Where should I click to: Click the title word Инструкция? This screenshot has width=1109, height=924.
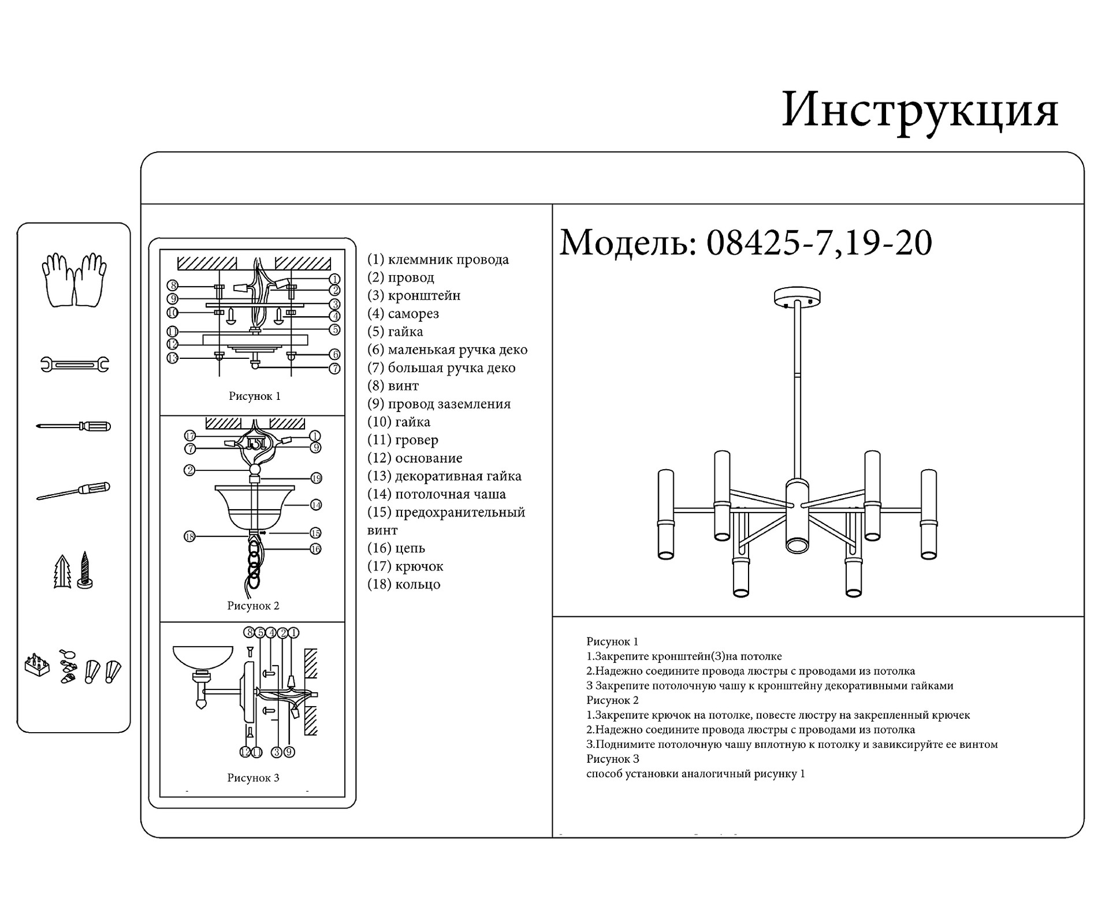point(920,110)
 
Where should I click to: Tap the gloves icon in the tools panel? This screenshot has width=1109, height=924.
point(74,279)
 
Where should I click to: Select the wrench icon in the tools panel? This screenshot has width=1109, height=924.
point(75,364)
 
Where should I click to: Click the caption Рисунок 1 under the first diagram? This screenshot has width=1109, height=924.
point(254,396)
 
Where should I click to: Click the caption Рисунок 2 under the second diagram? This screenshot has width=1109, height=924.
point(253,606)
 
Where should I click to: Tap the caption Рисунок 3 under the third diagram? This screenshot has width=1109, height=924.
point(253,778)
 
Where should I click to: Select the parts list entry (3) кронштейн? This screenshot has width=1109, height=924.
point(414,295)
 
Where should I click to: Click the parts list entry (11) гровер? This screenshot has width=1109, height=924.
point(403,440)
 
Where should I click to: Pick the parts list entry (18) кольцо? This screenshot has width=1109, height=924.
point(404,584)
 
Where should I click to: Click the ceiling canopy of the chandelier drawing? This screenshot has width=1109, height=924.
point(797,297)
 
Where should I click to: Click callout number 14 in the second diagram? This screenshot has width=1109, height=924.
point(315,504)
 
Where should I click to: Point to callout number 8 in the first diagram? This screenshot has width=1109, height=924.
point(172,285)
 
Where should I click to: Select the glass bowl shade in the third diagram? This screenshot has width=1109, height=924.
point(203,659)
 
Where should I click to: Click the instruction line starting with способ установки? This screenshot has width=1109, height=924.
point(695,774)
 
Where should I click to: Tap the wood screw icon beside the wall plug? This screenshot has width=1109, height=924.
point(85,570)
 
